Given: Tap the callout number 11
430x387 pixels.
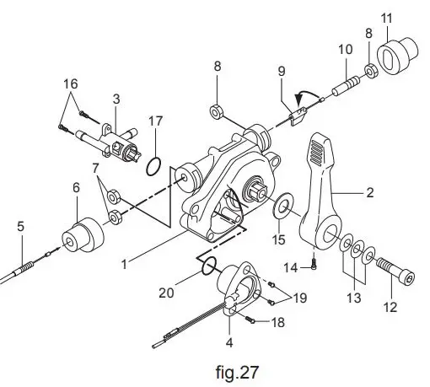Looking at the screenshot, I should click(387, 18).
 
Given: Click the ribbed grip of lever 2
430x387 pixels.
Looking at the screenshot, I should click(320, 155).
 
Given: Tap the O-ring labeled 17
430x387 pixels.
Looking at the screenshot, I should click(153, 166).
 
